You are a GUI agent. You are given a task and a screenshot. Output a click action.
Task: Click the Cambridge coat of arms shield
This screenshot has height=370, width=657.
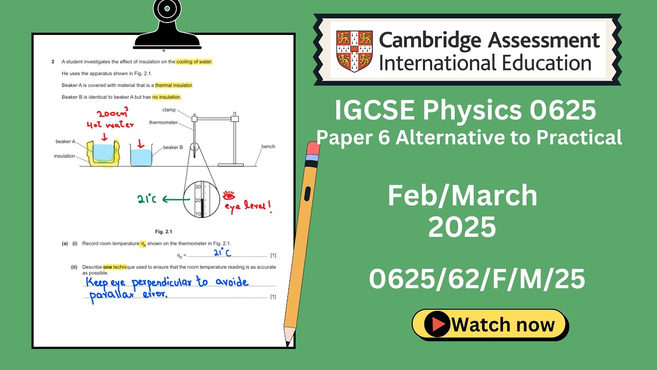tap(354, 51)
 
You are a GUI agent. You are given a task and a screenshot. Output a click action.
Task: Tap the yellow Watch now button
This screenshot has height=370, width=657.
tap(490, 325)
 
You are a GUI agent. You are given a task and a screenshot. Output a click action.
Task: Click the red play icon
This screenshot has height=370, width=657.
tap(438, 325)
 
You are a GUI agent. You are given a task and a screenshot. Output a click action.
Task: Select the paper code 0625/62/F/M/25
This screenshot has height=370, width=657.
tap(477, 280)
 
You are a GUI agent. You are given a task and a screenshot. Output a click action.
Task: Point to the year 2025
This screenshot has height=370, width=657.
tap(462, 227)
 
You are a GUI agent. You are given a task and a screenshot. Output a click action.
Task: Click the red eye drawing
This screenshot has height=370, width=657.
tap(228, 195)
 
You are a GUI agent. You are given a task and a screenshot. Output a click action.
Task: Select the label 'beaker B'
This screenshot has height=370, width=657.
tap(173, 147)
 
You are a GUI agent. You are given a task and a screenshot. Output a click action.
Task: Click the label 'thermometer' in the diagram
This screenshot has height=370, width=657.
tap(163, 123)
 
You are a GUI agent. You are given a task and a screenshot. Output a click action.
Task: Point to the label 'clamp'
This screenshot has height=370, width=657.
tap(169, 110)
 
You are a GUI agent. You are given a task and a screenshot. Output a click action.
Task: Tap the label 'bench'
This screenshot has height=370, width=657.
tap(268, 146)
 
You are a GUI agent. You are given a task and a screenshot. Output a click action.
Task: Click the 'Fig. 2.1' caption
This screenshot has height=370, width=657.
tap(163, 231)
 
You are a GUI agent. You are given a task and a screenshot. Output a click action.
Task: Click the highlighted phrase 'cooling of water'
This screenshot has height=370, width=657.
tap(194, 62)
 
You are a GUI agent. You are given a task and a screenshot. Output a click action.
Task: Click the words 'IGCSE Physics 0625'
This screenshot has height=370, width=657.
tap(465, 110)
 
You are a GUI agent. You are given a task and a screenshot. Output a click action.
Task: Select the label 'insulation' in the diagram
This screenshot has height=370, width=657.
tap(64, 156)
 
